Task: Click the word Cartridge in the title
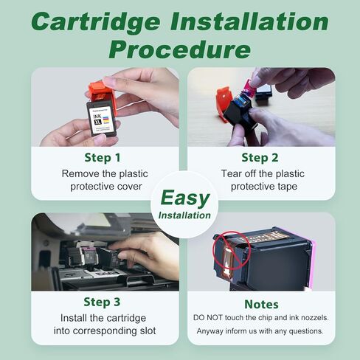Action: pyautogui.click(x=96, y=22)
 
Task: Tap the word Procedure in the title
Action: pyautogui.click(x=180, y=49)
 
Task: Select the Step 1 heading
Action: pyautogui.click(x=103, y=158)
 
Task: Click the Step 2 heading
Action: pyautogui.click(x=260, y=158)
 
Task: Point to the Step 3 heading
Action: pyautogui.click(x=102, y=302)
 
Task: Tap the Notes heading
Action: pyautogui.click(x=261, y=305)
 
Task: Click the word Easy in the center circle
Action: pyautogui.click(x=185, y=198)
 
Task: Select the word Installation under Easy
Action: pyautogui.click(x=184, y=215)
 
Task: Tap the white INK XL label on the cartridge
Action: pyautogui.click(x=102, y=120)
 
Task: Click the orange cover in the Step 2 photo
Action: pyautogui.click(x=224, y=104)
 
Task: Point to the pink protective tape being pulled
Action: pyautogui.click(x=249, y=86)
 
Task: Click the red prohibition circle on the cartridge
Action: pyautogui.click(x=232, y=251)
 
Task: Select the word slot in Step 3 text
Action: pyautogui.click(x=148, y=330)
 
